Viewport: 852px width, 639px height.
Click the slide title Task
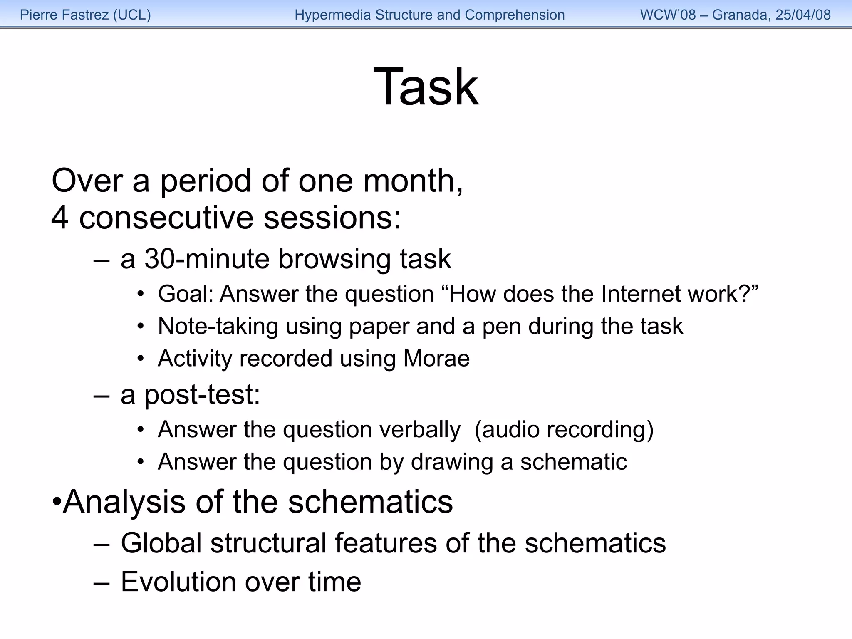click(x=426, y=87)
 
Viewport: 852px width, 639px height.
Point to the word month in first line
click(x=412, y=181)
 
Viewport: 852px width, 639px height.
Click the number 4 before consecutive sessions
click(x=59, y=218)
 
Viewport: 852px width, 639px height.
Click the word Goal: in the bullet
click(x=186, y=294)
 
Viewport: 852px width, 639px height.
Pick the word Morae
click(x=436, y=359)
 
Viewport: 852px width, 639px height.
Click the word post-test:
click(x=202, y=394)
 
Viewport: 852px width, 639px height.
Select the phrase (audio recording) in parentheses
click(x=564, y=429)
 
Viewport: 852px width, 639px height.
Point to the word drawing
click(x=452, y=462)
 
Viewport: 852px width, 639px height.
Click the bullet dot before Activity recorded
click(x=141, y=359)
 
